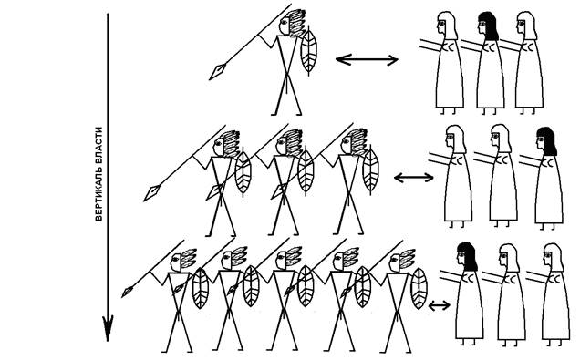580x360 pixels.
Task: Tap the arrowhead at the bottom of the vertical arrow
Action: tap(108, 328)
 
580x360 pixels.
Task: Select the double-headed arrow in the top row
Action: tap(367, 59)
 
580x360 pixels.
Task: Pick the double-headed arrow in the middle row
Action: tap(413, 178)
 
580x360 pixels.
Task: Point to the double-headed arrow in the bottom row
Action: tap(439, 305)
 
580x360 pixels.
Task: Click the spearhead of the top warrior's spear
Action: tap(217, 71)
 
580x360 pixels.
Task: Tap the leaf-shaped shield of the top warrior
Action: tap(308, 51)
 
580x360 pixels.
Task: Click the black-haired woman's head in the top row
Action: tap(488, 26)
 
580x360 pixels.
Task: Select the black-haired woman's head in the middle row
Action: tap(546, 141)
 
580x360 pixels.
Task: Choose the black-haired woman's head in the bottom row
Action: tap(467, 256)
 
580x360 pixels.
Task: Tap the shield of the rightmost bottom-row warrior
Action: tap(419, 288)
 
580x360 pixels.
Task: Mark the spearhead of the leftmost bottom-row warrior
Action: tap(128, 292)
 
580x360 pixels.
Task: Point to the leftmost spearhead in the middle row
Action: tap(152, 193)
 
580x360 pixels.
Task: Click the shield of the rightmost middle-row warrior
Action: tap(370, 170)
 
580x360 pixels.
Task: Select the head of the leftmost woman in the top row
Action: tap(447, 26)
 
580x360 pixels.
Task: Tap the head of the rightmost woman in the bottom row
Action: tap(554, 257)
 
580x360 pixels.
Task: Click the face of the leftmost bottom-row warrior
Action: tap(175, 262)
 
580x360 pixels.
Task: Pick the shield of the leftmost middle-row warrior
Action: tap(243, 172)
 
